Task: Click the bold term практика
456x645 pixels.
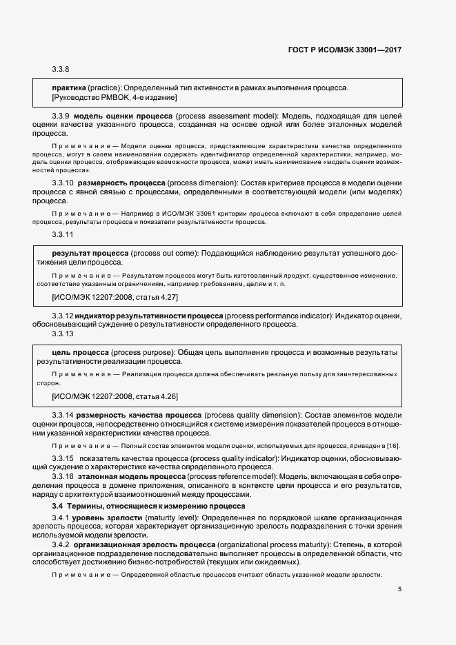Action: click(x=69, y=88)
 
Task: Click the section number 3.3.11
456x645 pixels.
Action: click(x=62, y=236)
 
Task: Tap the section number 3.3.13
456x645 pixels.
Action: click(x=62, y=334)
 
